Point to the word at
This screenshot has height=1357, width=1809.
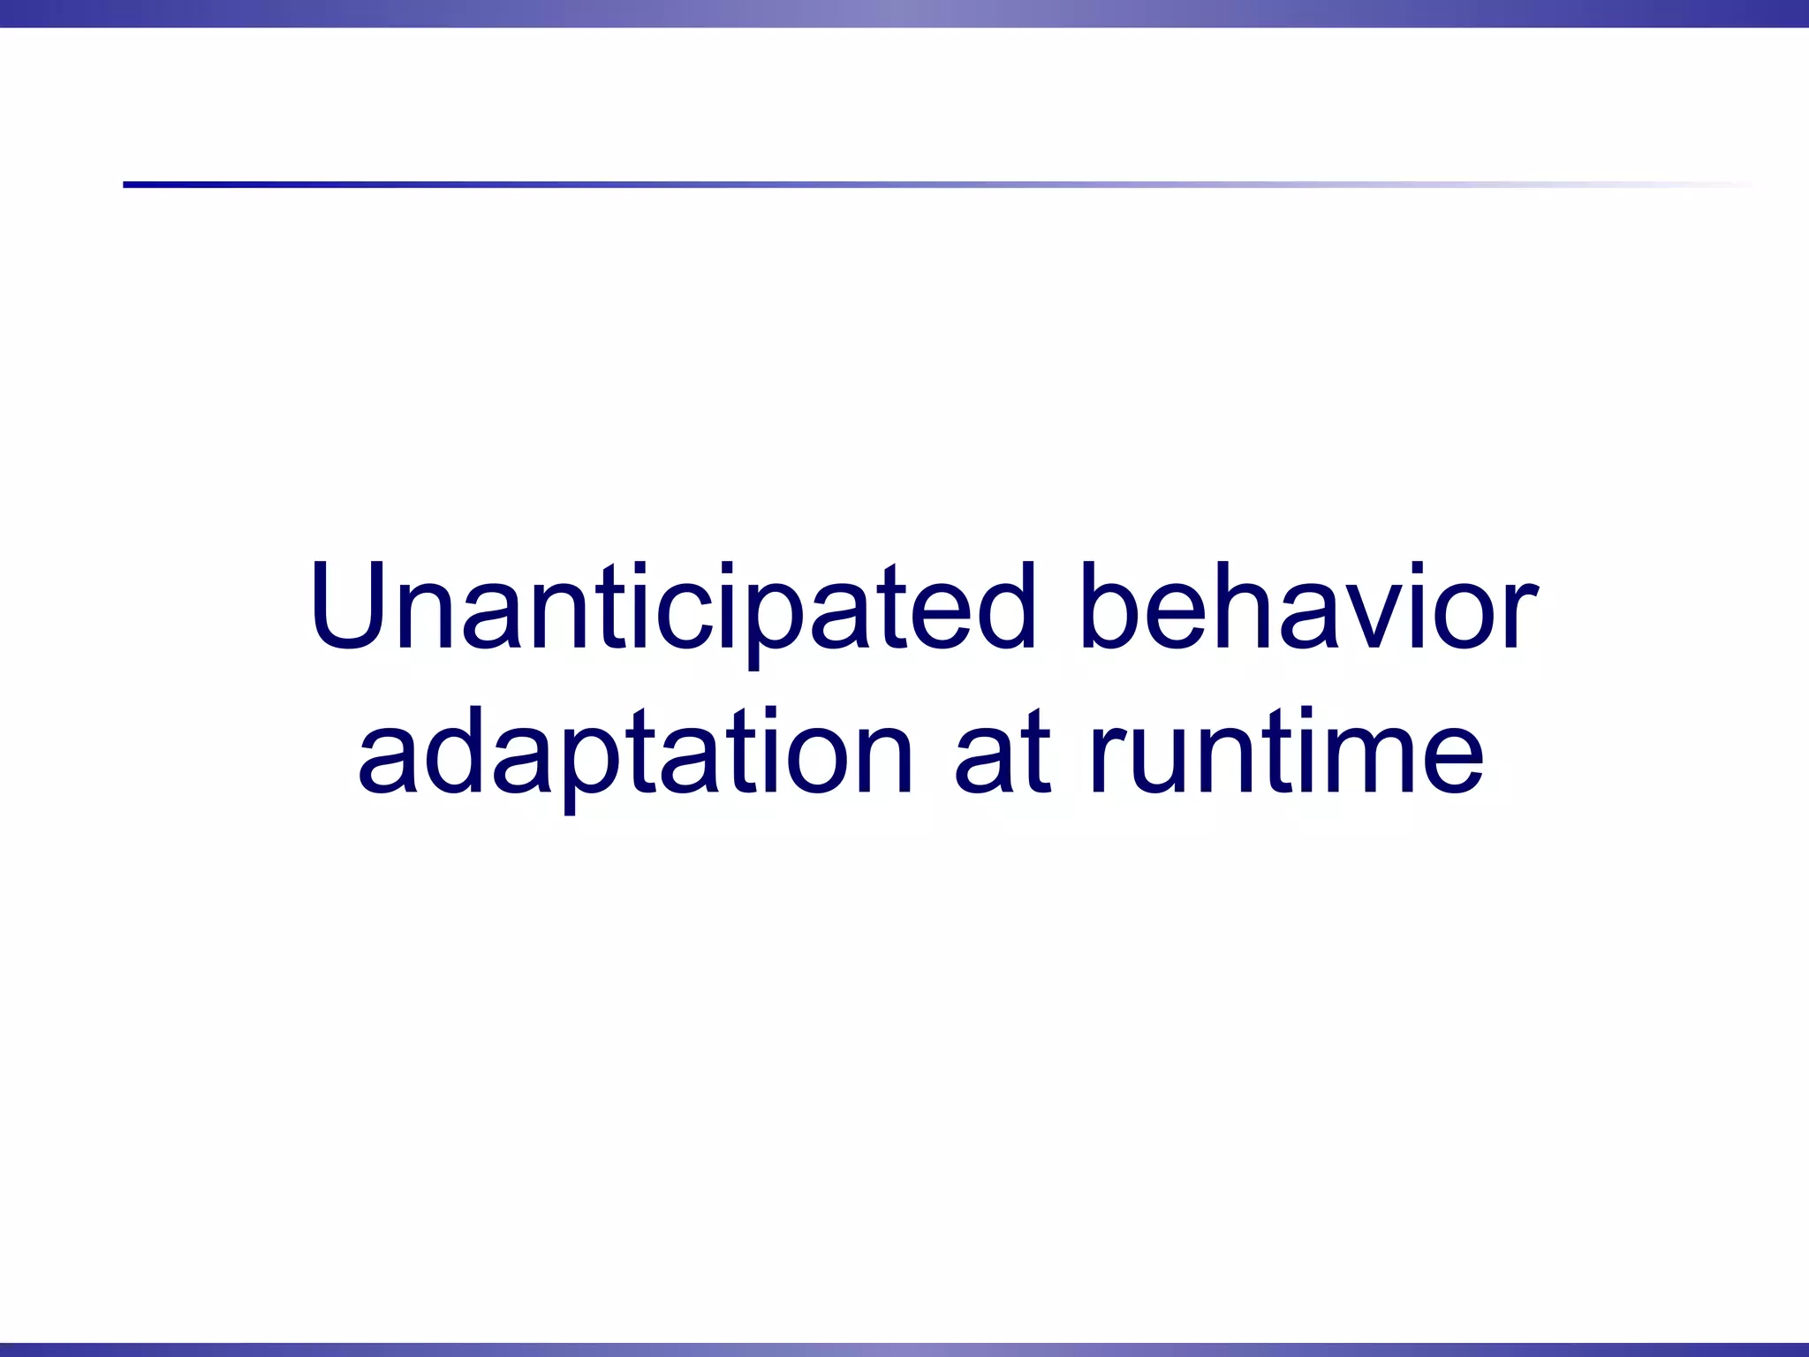pyautogui.click(x=1003, y=754)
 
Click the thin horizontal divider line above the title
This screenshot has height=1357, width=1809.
pyautogui.click(x=883, y=185)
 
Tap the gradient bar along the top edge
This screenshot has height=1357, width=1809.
pyautogui.click(x=904, y=13)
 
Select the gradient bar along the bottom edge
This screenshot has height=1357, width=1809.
pyautogui.click(x=904, y=1349)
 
